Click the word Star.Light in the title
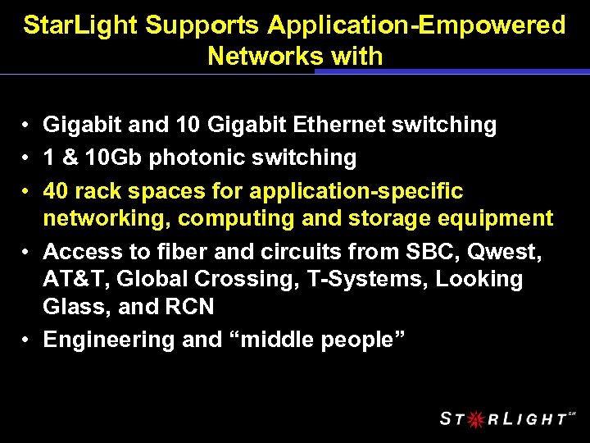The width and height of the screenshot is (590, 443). pyautogui.click(x=80, y=26)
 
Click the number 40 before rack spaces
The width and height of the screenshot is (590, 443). pyautogui.click(x=56, y=191)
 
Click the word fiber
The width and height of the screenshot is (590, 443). pyautogui.click(x=183, y=251)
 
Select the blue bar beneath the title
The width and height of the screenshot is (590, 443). pyautogui.click(x=452, y=71)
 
